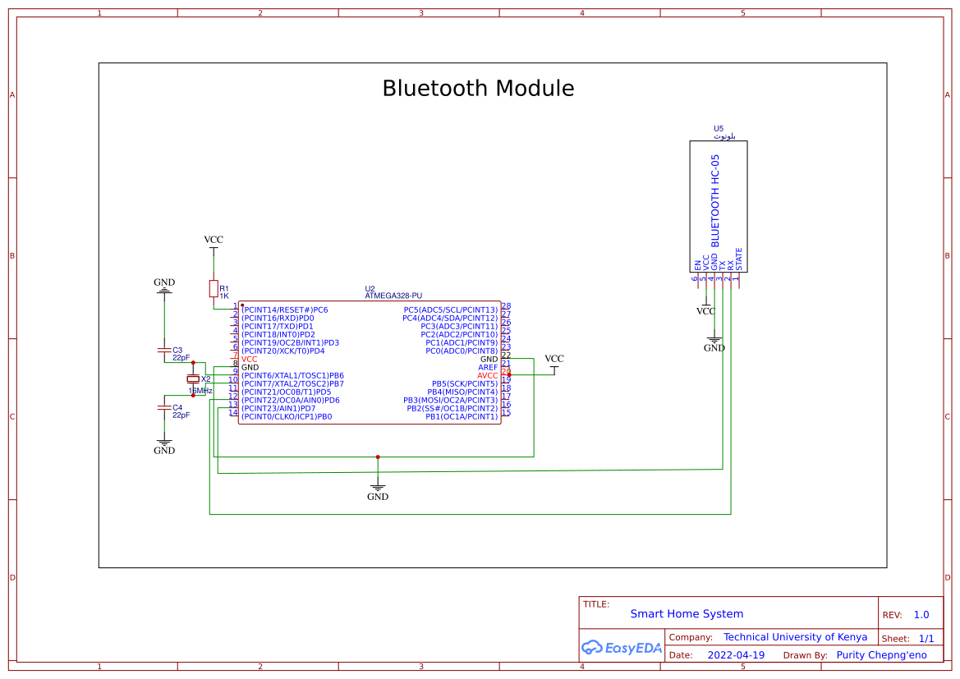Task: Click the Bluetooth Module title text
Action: [478, 89]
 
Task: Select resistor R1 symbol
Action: [214, 288]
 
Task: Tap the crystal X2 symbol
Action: [193, 379]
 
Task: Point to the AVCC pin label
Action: [487, 376]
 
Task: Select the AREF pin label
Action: [488, 368]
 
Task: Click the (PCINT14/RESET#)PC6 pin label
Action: [284, 310]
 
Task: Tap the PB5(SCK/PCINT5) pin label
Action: [464, 384]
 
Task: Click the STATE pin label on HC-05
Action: [739, 259]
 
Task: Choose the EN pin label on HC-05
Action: [698, 265]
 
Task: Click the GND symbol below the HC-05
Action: [714, 343]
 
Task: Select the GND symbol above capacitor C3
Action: [164, 285]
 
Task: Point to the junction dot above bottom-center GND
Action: [378, 456]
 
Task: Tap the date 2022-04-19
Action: [735, 655]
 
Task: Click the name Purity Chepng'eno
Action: [881, 655]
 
